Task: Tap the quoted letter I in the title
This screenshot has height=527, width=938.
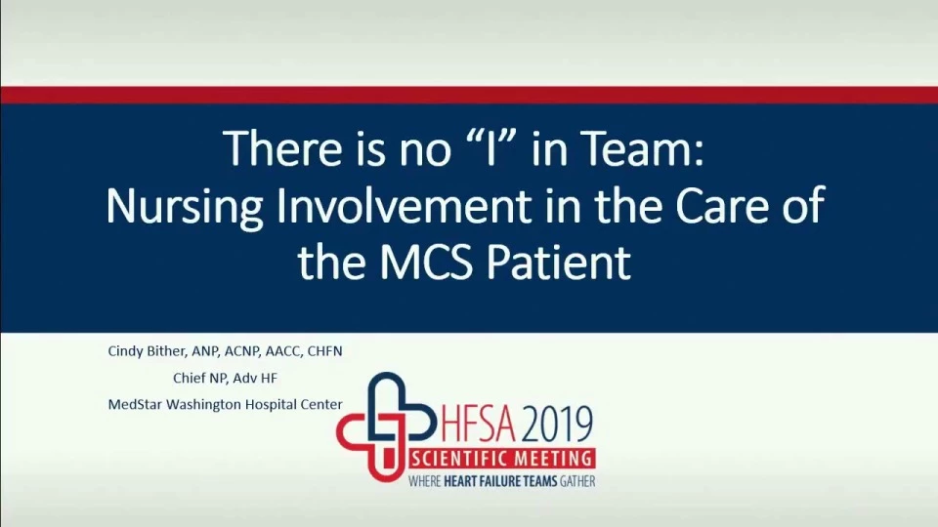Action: (x=490, y=148)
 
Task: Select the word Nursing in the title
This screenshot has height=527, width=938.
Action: (x=185, y=207)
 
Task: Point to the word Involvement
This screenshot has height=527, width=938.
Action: (x=403, y=205)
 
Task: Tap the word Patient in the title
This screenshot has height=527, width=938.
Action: (x=559, y=262)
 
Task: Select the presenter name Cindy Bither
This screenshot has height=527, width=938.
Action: (x=148, y=351)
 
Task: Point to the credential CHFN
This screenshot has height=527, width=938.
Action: (x=324, y=351)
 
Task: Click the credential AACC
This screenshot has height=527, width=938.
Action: (x=282, y=351)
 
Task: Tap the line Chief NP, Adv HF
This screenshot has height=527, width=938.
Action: (x=225, y=379)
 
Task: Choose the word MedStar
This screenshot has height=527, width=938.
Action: (x=135, y=404)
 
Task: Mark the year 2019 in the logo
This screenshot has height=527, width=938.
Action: (x=557, y=424)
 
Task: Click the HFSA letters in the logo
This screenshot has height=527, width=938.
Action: (x=478, y=424)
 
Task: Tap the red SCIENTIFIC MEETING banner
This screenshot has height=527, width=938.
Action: (x=501, y=459)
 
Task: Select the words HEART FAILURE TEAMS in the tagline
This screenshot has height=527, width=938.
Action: (x=500, y=481)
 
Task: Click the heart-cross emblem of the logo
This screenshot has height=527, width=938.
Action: (x=383, y=426)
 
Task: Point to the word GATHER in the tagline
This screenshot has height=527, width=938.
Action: (x=577, y=481)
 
